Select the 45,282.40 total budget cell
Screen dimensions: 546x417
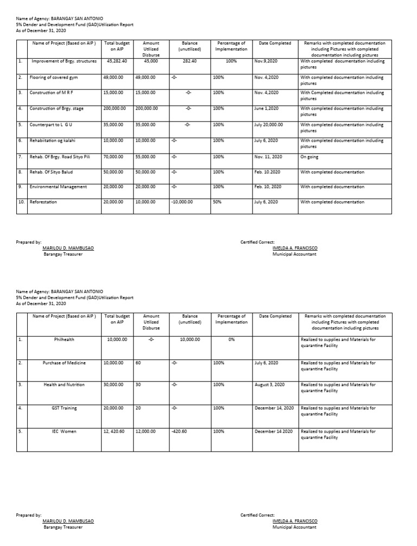(x=117, y=61)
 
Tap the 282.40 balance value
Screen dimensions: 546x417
(x=189, y=61)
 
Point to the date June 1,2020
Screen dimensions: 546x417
(x=266, y=109)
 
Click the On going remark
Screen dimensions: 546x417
(x=309, y=157)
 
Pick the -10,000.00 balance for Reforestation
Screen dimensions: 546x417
(x=183, y=202)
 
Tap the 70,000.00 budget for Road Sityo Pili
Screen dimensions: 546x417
(x=114, y=157)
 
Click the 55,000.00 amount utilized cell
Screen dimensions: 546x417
(x=146, y=157)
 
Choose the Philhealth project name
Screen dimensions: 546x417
(x=64, y=339)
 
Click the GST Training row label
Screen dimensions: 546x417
(x=64, y=408)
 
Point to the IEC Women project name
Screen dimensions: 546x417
(x=64, y=431)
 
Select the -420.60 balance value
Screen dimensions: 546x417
(x=179, y=431)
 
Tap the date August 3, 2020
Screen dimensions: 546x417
(x=269, y=385)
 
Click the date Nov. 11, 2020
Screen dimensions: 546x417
(x=268, y=157)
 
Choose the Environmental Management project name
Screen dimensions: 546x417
(x=58, y=187)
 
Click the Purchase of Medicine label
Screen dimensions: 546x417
(x=64, y=363)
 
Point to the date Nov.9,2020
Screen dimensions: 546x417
(x=266, y=61)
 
